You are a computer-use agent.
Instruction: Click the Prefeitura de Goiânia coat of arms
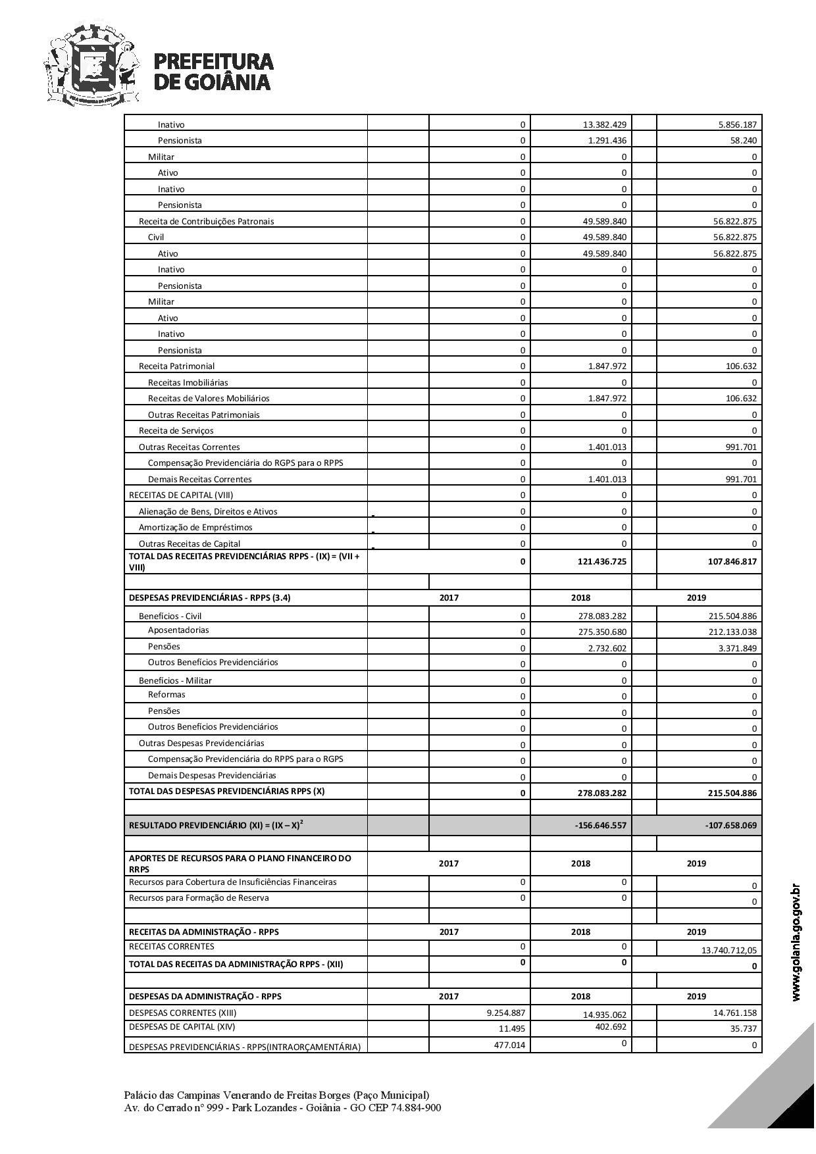tap(91, 64)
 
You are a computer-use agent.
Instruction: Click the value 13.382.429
tap(604, 125)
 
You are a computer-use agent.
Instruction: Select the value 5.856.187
tap(734, 125)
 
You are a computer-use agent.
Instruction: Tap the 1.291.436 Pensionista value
tap(604, 141)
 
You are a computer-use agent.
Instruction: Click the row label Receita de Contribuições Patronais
tap(206, 221)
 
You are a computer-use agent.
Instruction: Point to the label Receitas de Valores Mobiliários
tap(209, 398)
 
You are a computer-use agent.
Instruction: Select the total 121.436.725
tap(600, 562)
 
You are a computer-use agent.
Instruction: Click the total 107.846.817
tap(730, 562)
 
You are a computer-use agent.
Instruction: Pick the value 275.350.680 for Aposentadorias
tap(600, 632)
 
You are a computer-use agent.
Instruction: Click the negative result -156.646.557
tap(600, 825)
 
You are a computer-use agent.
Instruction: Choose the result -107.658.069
tap(730, 825)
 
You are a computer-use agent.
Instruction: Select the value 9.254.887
tap(505, 1013)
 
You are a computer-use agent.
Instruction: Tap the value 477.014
tap(509, 1045)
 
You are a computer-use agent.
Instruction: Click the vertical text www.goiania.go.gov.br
tap(796, 942)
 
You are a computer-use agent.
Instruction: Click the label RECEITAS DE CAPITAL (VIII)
tap(181, 495)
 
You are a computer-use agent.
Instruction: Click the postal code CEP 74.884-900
tap(405, 1108)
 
